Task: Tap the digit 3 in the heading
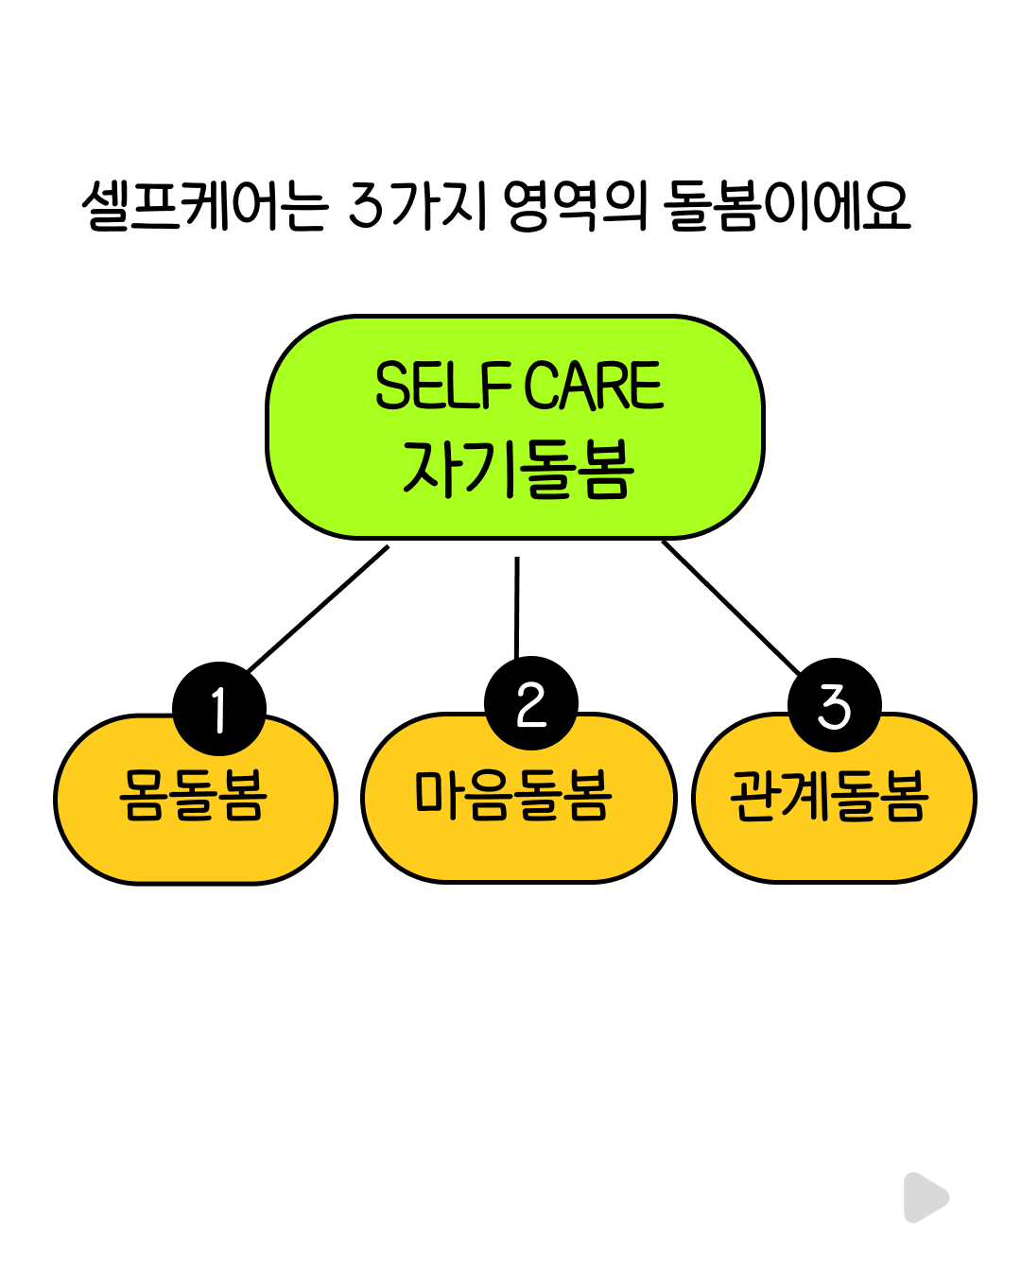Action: tap(366, 205)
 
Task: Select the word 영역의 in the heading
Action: tap(574, 205)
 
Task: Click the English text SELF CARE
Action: tap(518, 386)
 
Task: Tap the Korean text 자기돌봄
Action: tap(517, 469)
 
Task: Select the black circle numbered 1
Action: tap(219, 709)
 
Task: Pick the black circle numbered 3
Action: tap(834, 706)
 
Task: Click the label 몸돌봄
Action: tap(194, 796)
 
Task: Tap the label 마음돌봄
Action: tap(513, 796)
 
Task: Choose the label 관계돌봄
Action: tap(830, 796)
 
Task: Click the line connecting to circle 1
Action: tap(318, 609)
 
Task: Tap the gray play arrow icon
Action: tap(925, 1198)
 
